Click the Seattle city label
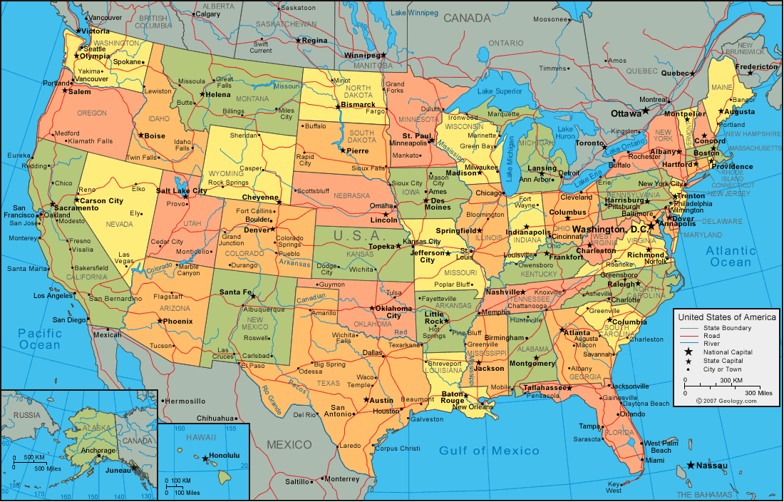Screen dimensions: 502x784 (x=95, y=48)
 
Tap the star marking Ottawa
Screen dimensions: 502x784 (x=646, y=111)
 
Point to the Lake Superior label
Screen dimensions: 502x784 (x=500, y=91)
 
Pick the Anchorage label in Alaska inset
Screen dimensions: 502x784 (x=98, y=451)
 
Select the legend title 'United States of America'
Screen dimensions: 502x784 (x=726, y=317)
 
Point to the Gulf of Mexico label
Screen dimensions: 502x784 (x=489, y=451)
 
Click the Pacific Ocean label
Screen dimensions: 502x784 (x=40, y=339)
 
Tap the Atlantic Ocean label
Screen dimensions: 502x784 (x=731, y=256)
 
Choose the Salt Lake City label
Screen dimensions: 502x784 (x=182, y=191)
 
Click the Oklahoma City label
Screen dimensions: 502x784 (x=393, y=312)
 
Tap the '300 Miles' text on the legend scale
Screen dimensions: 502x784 (x=758, y=393)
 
